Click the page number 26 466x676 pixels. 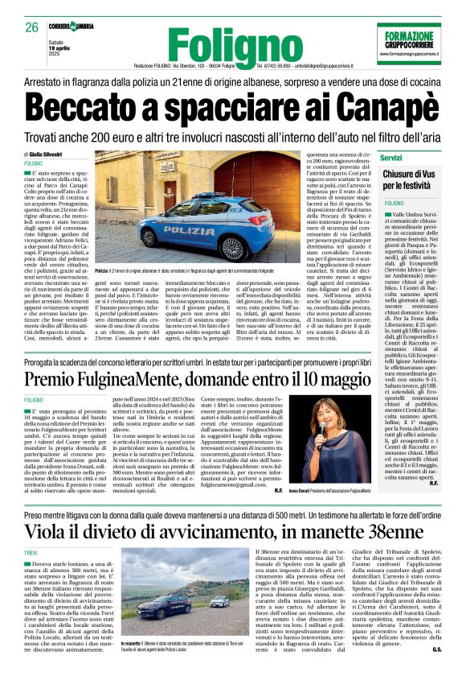click(32, 27)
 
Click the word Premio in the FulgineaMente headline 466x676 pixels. click(62, 378)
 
